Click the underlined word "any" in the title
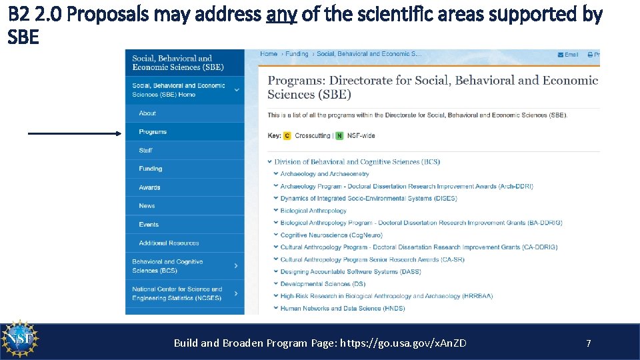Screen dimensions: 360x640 [x=281, y=15]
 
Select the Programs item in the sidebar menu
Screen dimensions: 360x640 [x=153, y=132]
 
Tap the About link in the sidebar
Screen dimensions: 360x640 [x=147, y=113]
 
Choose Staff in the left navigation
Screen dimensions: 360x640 [x=146, y=151]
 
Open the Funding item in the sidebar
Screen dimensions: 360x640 [x=151, y=169]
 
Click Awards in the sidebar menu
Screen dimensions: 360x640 [x=150, y=187]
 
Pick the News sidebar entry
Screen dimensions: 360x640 [x=147, y=206]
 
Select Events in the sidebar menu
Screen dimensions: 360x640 [x=149, y=225]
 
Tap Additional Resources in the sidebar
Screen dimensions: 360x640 [x=169, y=243]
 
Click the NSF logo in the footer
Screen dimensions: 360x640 [x=21, y=341]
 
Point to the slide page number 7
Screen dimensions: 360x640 [x=588, y=343]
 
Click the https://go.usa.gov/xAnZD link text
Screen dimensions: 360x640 [x=403, y=343]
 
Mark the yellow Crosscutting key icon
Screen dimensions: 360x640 [x=287, y=136]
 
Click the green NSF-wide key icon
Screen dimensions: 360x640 [x=340, y=136]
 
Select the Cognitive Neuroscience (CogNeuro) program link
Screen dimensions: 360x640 [x=331, y=235]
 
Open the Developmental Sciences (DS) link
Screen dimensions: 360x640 [x=323, y=284]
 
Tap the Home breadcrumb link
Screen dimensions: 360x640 [x=269, y=54]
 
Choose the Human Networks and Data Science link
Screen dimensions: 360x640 [x=342, y=309]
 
